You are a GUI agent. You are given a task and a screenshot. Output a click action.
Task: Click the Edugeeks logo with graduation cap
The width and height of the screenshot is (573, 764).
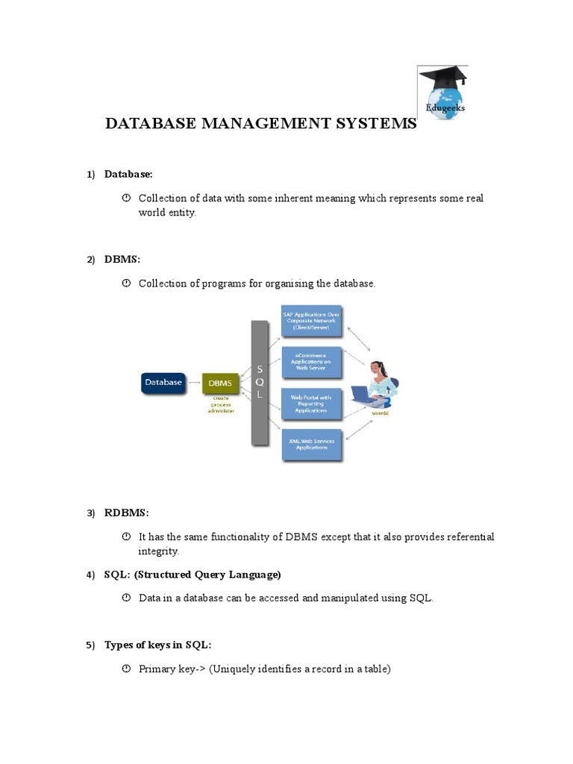pos(442,93)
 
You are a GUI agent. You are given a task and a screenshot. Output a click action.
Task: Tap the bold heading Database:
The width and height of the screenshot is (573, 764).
pos(128,174)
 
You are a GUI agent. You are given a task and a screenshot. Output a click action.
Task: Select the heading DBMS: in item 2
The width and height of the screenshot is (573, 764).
pos(122,259)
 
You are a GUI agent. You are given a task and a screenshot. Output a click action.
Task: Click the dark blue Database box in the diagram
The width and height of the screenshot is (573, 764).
pos(163,383)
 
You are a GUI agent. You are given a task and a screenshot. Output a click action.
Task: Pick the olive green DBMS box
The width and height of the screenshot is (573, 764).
pos(220,383)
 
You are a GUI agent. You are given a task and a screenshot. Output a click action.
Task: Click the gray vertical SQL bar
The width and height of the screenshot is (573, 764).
pos(260,383)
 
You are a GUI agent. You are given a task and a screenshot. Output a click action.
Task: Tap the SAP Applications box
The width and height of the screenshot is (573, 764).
pos(311,322)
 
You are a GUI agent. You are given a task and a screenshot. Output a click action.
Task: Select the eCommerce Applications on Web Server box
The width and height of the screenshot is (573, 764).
pos(311,363)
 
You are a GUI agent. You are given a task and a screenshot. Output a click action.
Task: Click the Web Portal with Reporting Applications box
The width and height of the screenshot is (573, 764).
pos(311,404)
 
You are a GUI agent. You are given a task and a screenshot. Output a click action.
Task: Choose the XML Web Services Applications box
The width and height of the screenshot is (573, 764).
pos(311,445)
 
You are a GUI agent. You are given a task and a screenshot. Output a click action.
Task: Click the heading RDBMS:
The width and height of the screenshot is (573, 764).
pos(127,513)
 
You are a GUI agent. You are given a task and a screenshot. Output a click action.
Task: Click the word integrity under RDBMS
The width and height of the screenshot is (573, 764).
pos(159,551)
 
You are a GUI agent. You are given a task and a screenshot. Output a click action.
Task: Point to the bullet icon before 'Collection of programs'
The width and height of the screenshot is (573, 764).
pos(126,284)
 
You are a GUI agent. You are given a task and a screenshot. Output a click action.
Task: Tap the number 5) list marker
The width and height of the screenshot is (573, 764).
pos(90,645)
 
